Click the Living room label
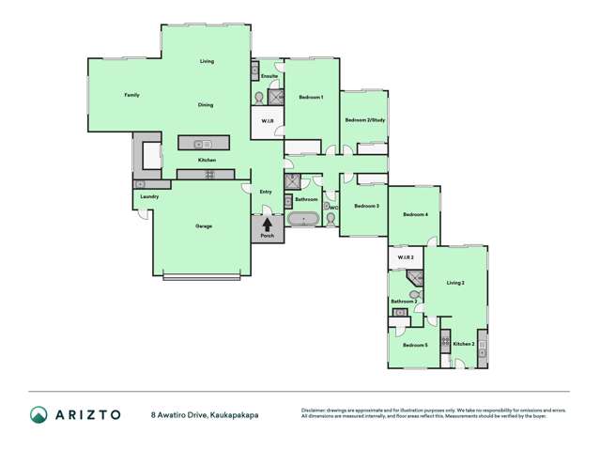pos(207,61)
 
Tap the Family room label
pos(132,95)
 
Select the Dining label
pos(206,104)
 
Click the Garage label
pos(204,226)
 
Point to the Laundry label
pos(148,196)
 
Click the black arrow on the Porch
pos(268,225)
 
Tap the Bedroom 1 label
pos(311,98)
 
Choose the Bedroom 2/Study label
pos(363,120)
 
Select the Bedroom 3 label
pos(366,206)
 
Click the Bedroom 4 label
pos(415,215)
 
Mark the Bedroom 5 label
pos(415,346)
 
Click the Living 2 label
pos(455,283)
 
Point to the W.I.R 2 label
pos(406,256)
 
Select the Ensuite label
pos(269,75)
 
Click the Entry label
pos(266,192)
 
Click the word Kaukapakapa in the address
pos(235,413)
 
